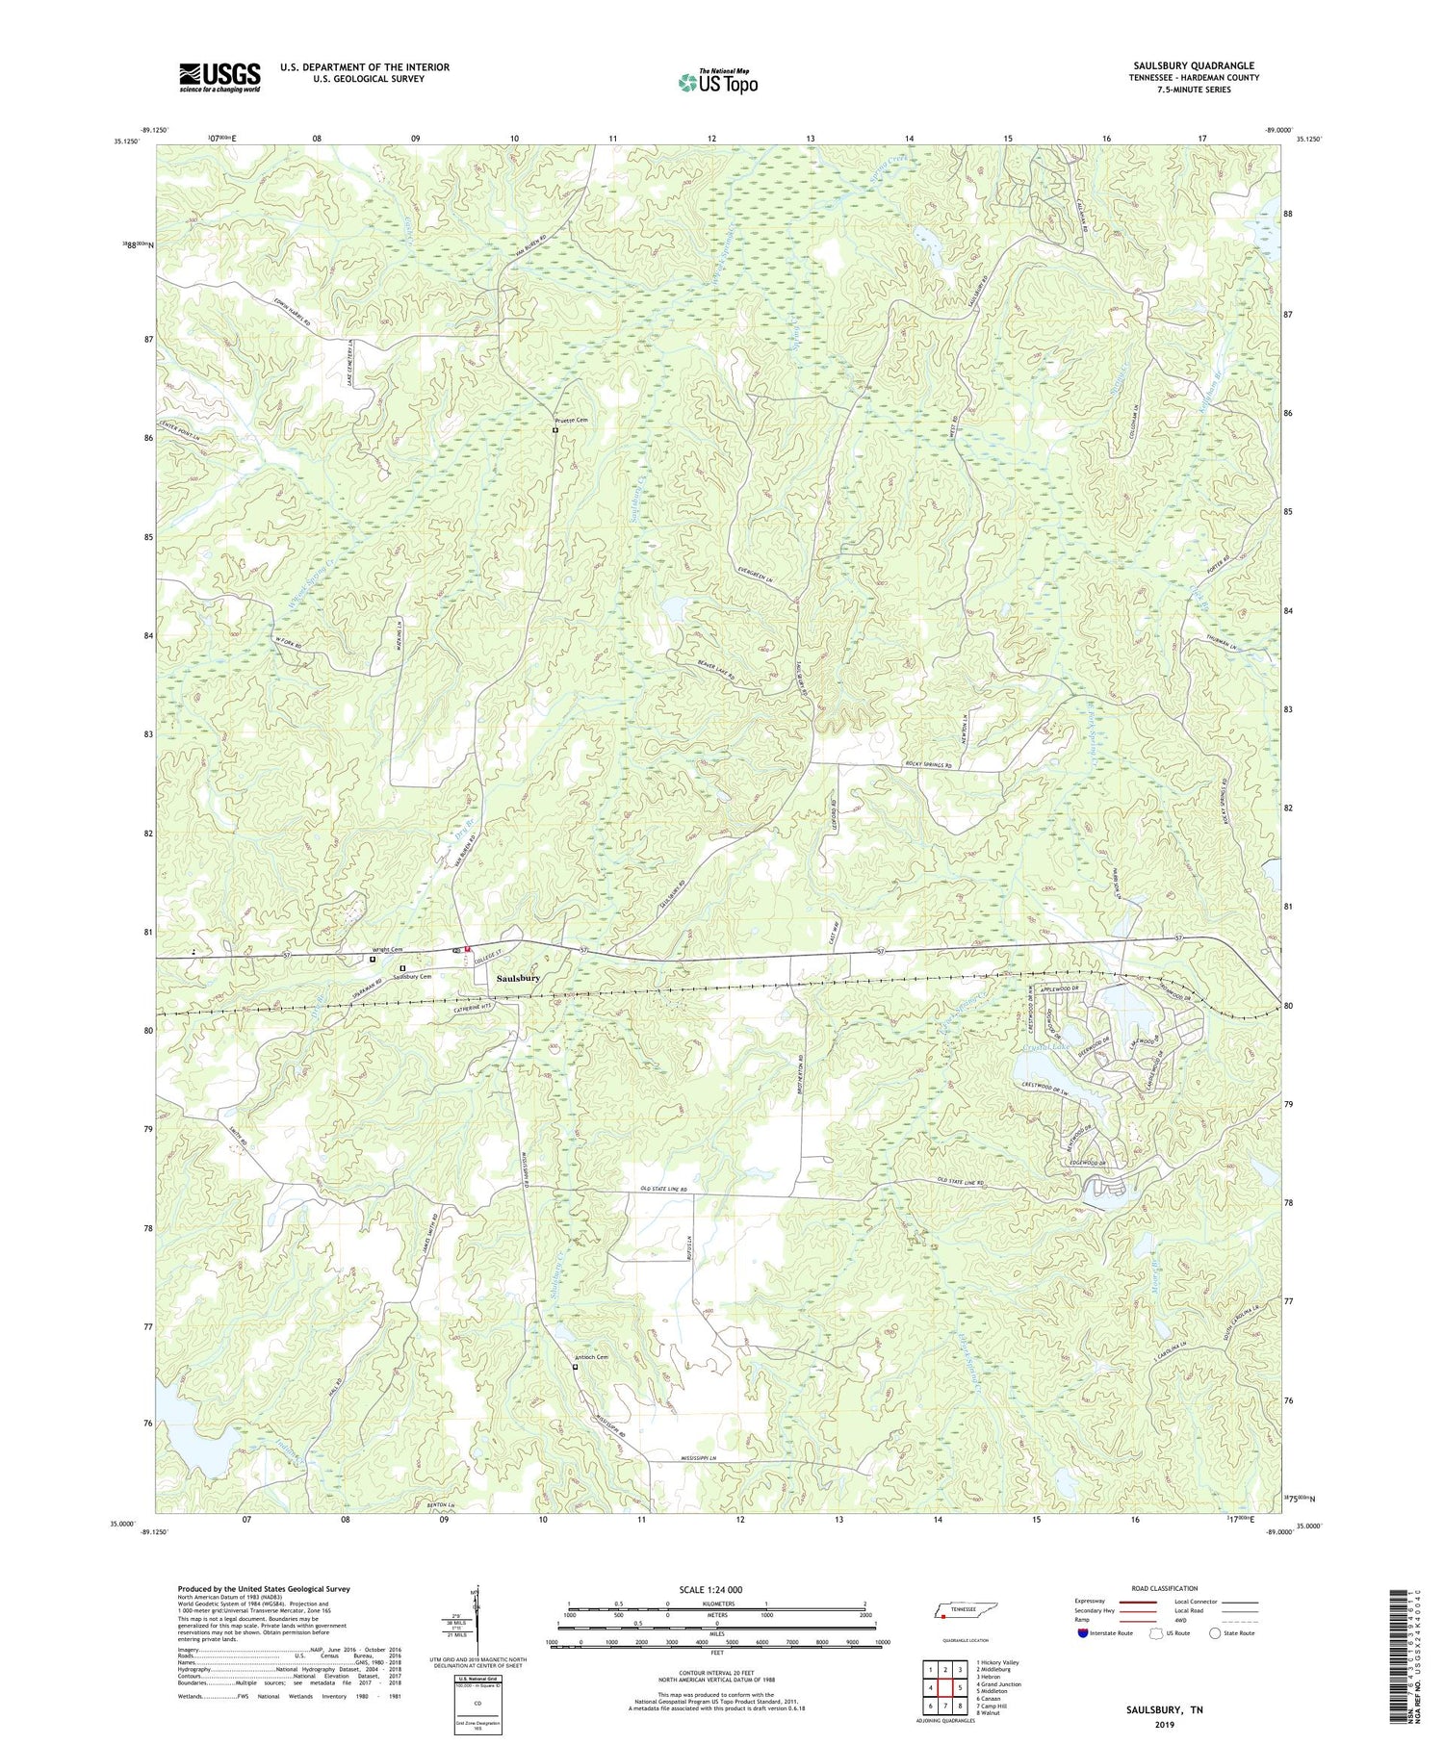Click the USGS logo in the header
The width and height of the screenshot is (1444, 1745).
[219, 77]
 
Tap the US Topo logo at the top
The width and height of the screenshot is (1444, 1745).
[717, 82]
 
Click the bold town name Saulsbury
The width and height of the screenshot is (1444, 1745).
[518, 978]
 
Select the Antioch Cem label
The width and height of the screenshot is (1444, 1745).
[591, 1357]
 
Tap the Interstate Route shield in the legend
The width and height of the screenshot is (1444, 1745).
[1083, 1632]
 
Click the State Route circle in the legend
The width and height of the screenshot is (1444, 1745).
[1215, 1632]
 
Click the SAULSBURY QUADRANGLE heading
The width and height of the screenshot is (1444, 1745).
[1180, 65]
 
